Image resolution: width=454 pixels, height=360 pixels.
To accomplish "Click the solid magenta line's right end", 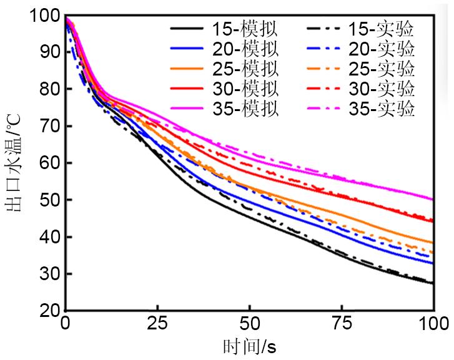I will coord(433,200).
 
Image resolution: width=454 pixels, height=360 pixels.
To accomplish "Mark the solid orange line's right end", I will coord(433,243).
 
